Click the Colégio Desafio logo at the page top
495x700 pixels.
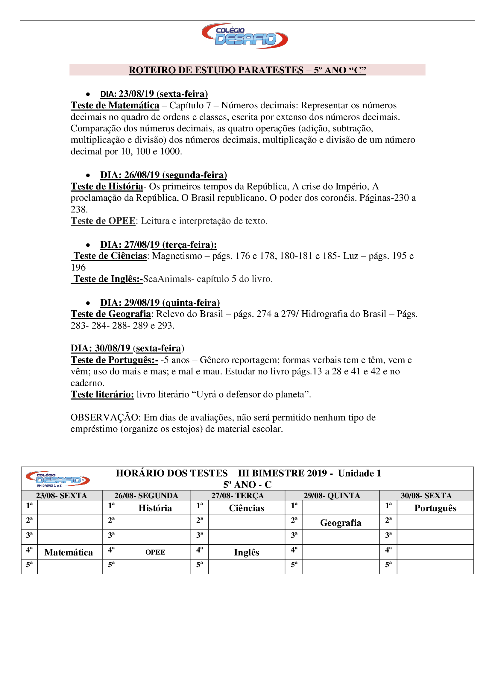pyautogui.click(x=245, y=36)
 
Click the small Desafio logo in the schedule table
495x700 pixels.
pyautogui.click(x=58, y=479)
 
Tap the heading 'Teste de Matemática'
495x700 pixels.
pyautogui.click(x=115, y=105)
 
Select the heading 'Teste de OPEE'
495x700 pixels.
pyautogui.click(x=103, y=221)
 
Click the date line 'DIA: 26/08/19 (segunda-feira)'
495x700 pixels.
pyautogui.click(x=163, y=175)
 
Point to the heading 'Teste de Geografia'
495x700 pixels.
pyautogui.click(x=111, y=314)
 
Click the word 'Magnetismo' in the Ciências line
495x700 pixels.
pyautogui.click(x=177, y=256)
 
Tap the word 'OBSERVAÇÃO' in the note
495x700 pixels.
pyautogui.click(x=104, y=417)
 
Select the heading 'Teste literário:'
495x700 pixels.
pyautogui.click(x=102, y=394)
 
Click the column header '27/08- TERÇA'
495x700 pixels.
pyautogui.click(x=237, y=496)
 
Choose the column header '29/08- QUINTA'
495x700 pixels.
pyautogui.click(x=332, y=496)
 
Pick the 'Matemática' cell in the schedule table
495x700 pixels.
pyautogui.click(x=69, y=552)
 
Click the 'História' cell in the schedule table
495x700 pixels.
pyautogui.click(x=155, y=508)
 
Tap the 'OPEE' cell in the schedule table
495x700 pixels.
pyautogui.click(x=155, y=552)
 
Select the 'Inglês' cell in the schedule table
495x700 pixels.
pyautogui.click(x=246, y=552)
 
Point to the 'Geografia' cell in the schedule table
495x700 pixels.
pyautogui.click(x=341, y=523)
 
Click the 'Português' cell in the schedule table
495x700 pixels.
pyautogui.click(x=435, y=508)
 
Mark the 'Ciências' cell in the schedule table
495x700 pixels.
pyautogui.click(x=246, y=508)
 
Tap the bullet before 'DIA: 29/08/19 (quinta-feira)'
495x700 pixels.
pyautogui.click(x=88, y=303)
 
